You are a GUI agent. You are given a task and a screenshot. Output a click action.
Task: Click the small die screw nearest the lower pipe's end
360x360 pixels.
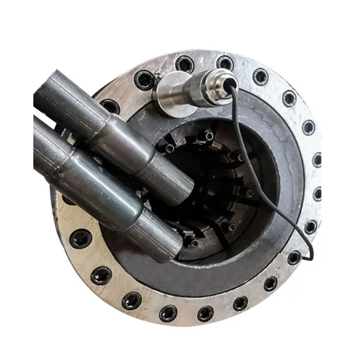pos(194,243)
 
